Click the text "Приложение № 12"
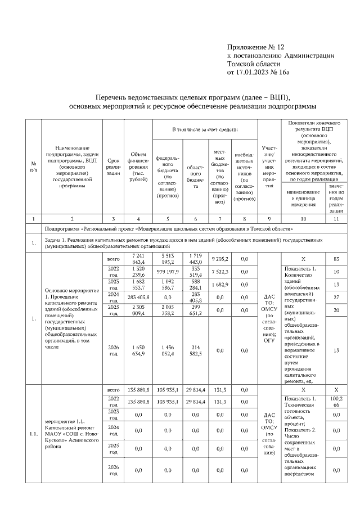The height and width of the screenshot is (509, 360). pos(256,47)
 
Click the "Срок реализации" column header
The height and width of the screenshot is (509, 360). pos(114,166)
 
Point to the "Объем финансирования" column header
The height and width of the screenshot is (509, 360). pos(138,166)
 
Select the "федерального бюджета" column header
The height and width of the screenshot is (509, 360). pos(167,173)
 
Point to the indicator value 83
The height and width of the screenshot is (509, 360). pos(336,259)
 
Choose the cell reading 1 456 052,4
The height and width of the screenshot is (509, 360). pos(167,350)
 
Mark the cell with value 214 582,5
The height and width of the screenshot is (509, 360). pos(195,350)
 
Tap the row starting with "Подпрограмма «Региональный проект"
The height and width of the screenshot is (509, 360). pos(169,229)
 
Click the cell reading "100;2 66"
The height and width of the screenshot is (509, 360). pos(336,402)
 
